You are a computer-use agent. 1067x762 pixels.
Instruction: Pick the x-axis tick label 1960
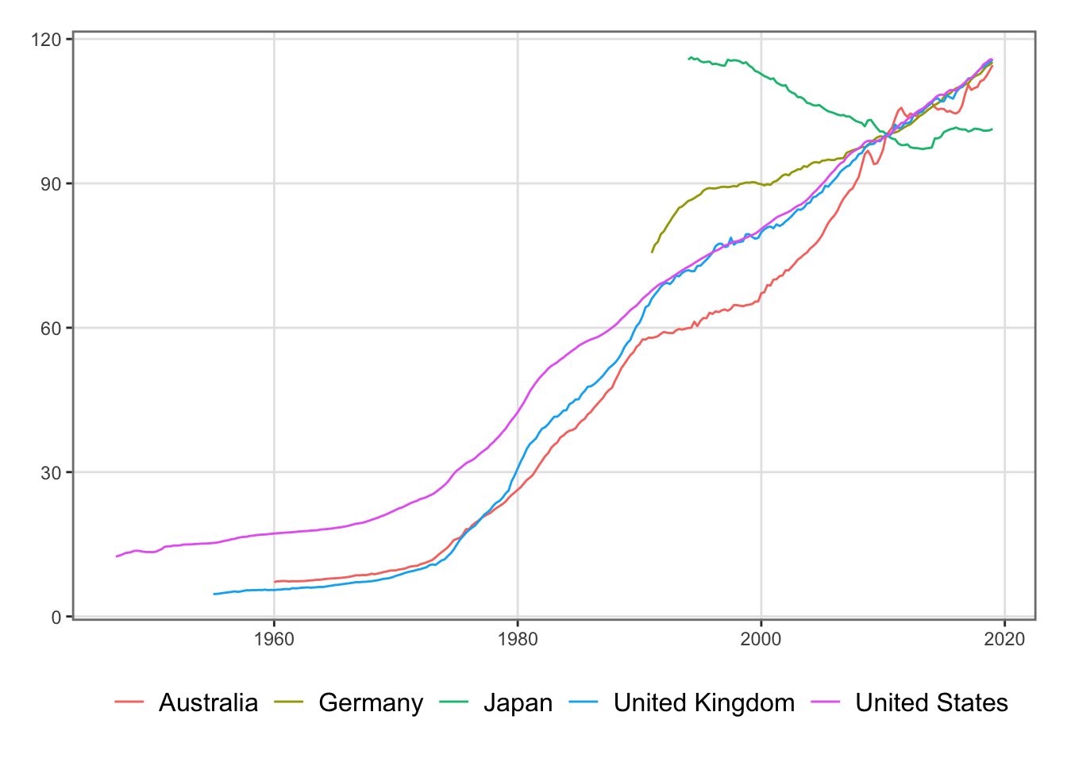pyautogui.click(x=274, y=638)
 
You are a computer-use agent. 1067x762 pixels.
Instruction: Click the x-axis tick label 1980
pyautogui.click(x=518, y=638)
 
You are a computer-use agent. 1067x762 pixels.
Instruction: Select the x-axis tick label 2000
pyautogui.click(x=761, y=638)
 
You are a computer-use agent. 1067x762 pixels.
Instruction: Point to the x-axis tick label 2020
pyautogui.click(x=1004, y=638)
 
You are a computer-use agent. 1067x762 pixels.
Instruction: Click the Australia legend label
pyautogui.click(x=208, y=702)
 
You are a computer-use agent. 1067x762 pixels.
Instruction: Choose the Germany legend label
pyautogui.click(x=371, y=702)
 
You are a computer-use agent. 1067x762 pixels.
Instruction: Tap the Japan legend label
pyautogui.click(x=518, y=702)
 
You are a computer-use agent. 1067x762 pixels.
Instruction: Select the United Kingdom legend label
pyautogui.click(x=703, y=702)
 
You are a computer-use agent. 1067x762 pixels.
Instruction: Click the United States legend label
pyautogui.click(x=931, y=702)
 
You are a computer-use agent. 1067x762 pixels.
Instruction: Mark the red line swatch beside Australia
pyautogui.click(x=129, y=702)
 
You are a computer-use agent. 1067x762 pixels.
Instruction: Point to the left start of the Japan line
pyautogui.click(x=688, y=59)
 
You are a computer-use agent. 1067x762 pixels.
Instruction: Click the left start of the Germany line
pyautogui.click(x=652, y=252)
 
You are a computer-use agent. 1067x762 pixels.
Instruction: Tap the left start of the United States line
pyautogui.click(x=117, y=556)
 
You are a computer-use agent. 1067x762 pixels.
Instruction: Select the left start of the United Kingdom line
pyautogui.click(x=214, y=594)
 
